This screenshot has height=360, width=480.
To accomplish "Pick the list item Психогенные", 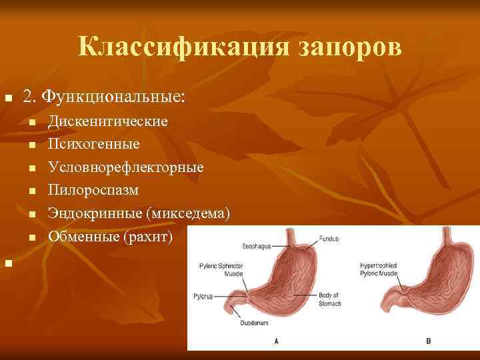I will pyautogui.click(x=94, y=143).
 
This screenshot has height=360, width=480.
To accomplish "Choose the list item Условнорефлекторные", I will pyautogui.click(x=126, y=167).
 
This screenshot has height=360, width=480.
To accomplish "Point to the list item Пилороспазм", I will pyautogui.click(x=94, y=190).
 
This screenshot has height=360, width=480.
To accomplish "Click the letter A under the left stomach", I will pyautogui.click(x=276, y=341).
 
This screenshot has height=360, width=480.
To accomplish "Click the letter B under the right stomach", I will pyautogui.click(x=428, y=341).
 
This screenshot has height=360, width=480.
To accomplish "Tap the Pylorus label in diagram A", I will pyautogui.click(x=203, y=296).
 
